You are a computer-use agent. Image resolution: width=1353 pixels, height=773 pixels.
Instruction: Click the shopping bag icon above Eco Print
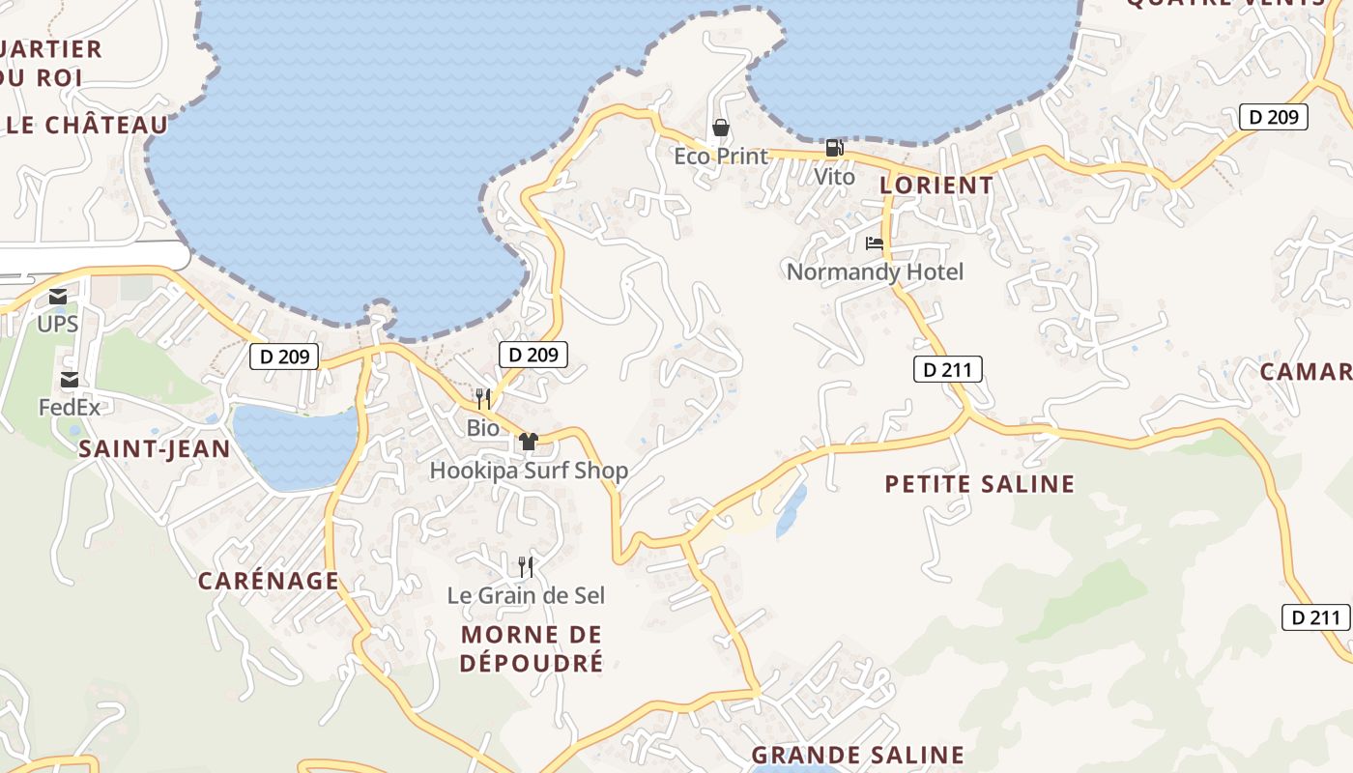720,128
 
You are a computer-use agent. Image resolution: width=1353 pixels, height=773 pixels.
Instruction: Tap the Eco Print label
721,156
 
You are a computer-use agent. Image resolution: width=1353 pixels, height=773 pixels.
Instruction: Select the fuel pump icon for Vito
834,148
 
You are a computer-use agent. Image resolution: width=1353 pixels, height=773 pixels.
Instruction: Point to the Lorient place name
936,185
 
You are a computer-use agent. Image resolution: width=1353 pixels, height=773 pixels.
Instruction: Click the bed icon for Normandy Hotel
875,243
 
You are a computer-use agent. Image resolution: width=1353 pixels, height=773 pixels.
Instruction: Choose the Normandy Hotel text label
875,272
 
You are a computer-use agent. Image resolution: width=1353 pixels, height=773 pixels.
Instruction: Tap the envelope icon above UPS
58,297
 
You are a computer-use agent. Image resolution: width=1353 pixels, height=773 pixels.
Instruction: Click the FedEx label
69,407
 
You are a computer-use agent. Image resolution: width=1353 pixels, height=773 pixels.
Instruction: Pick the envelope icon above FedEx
70,380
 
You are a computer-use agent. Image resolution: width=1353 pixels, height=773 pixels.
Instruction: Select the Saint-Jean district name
155,448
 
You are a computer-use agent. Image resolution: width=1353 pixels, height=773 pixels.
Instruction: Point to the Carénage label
269,581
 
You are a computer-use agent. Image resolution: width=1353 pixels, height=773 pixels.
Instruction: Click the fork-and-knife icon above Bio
483,398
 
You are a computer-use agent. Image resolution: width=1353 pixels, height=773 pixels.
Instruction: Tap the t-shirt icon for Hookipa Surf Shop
528,442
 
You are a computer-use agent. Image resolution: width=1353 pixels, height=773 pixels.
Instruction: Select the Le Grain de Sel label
526,595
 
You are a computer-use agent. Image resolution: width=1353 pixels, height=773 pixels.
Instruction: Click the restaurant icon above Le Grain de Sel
526,566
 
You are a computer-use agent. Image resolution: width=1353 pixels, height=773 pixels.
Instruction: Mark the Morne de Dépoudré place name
532,648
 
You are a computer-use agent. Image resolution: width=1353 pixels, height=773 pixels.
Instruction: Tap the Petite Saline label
980,484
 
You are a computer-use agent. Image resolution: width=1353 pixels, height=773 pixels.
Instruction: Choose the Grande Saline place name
857,755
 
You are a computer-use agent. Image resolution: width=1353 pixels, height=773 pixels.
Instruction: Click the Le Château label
87,125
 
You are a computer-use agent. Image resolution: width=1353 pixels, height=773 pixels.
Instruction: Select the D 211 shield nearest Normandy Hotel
947,368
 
